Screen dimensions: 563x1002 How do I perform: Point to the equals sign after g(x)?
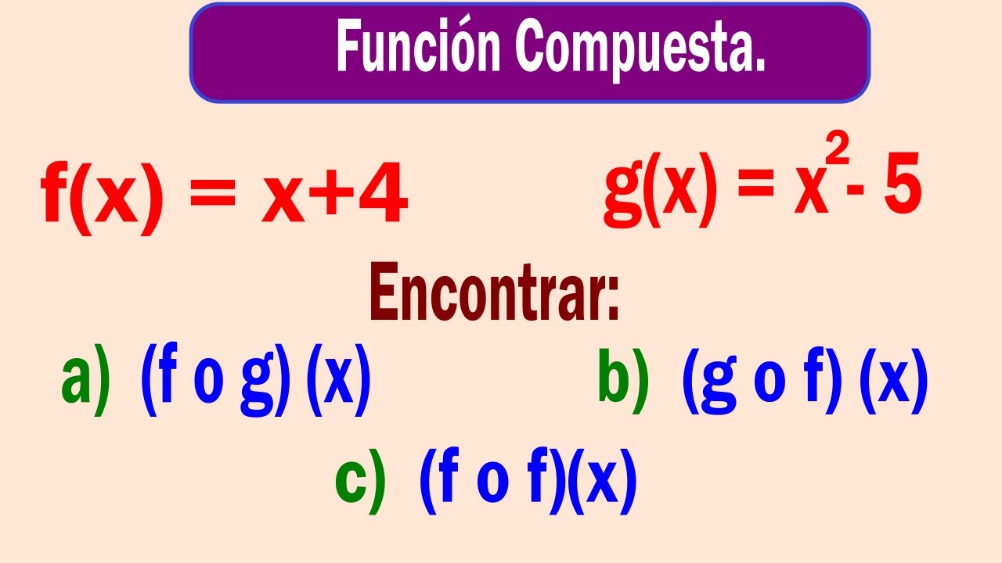759,192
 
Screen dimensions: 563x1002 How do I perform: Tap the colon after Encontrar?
611,301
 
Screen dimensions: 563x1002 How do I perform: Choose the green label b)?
623,379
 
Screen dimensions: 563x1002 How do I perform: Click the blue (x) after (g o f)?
893,381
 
